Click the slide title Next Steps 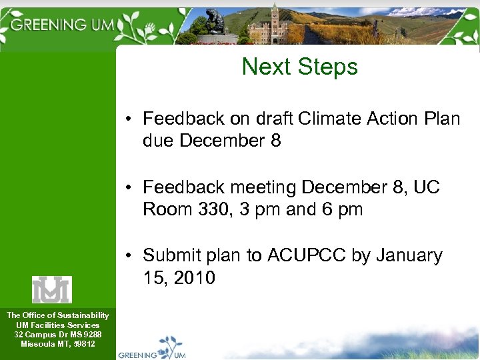click(299, 67)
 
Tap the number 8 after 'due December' click(275, 141)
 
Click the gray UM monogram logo click(51, 289)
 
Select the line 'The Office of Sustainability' click(57, 315)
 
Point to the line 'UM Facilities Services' click(57, 325)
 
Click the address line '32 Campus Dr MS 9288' click(57, 334)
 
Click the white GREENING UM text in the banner click(63, 25)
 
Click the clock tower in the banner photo click(275, 20)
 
